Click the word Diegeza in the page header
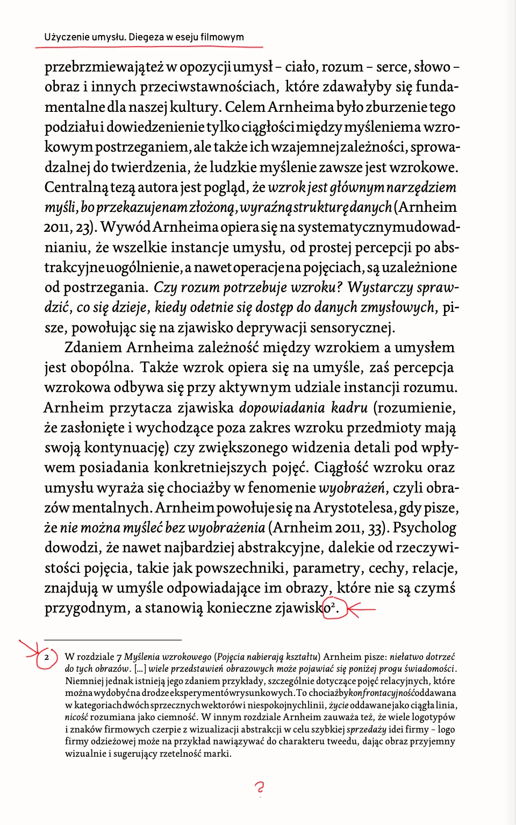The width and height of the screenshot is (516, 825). pos(146,37)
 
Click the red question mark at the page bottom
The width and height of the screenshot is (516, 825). pos(260,788)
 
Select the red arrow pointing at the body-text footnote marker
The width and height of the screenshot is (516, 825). pos(361,609)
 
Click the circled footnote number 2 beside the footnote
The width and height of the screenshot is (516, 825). pos(47,657)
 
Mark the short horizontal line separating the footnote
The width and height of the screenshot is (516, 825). pos(113,639)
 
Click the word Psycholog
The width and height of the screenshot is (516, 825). pos(424,528)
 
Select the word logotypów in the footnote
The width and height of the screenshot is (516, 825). pos(433,717)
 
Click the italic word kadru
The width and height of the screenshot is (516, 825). pos(349,408)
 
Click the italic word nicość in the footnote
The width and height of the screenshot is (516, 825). pos(76,717)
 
